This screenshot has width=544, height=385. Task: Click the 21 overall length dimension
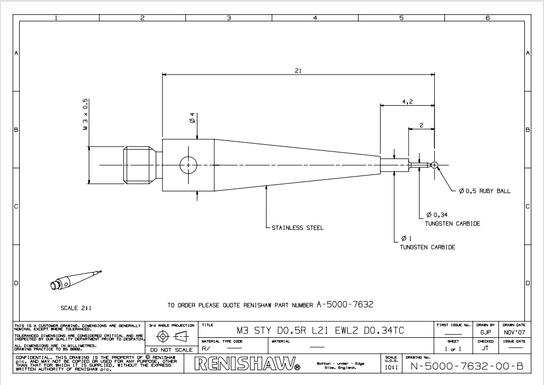[x=297, y=71]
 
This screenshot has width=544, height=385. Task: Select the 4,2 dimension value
[x=407, y=101]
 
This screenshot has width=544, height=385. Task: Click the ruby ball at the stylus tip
[x=434, y=165]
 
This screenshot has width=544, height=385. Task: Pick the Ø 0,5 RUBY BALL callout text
[x=485, y=191]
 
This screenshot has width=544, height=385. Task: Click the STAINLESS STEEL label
[x=298, y=227]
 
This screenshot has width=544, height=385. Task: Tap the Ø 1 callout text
[x=406, y=238]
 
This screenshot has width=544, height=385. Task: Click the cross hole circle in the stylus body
[x=188, y=165]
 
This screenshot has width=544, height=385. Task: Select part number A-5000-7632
[x=345, y=304]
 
